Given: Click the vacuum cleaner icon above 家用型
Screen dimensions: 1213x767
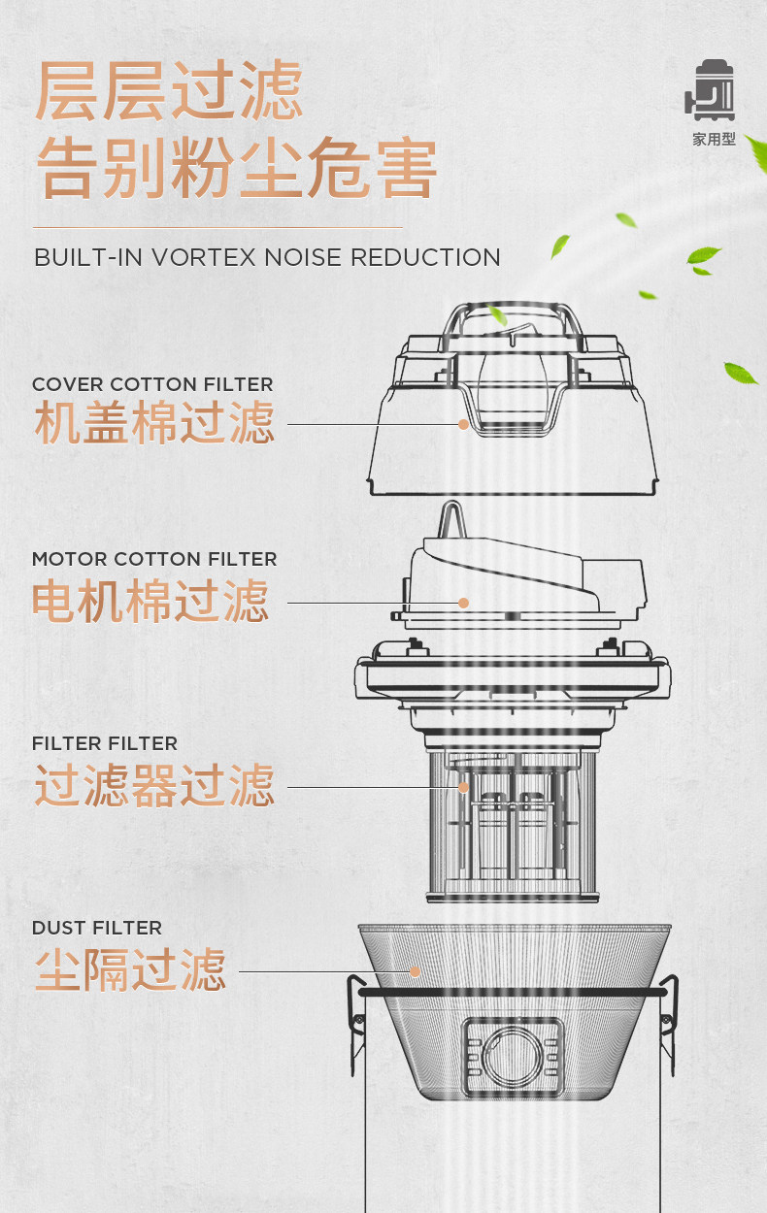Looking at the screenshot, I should tap(712, 93).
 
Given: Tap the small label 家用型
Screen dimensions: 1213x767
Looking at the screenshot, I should tap(714, 140).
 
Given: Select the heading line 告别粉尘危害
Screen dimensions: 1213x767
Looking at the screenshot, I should tap(236, 171).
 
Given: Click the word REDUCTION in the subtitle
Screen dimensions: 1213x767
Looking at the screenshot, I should tap(424, 257).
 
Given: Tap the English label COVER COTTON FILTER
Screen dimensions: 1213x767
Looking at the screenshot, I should tap(152, 385).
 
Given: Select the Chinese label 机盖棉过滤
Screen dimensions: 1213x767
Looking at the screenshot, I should tap(154, 424).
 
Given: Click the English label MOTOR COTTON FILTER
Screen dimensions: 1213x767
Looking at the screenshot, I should tap(154, 560).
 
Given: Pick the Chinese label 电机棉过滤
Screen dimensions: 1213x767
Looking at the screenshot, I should tap(150, 602).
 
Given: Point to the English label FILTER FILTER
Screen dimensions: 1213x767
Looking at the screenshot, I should tap(105, 744).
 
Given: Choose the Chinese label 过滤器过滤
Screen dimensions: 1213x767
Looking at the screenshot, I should tap(154, 786).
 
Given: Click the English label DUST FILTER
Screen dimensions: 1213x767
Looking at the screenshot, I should tap(97, 929).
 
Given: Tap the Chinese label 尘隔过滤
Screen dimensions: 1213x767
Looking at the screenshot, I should tap(130, 970).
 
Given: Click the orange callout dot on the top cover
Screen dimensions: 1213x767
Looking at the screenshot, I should tap(464, 424).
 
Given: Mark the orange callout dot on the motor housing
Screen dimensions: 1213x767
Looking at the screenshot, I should tap(464, 603).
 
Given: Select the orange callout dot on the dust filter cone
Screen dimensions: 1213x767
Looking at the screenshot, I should tap(415, 971).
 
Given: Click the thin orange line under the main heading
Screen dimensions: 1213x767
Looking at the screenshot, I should tap(217, 227).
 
